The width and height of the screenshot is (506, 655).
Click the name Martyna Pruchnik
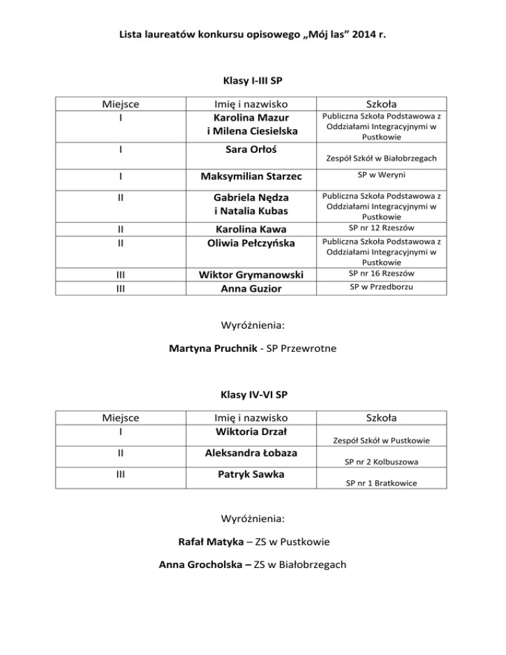coord(211,349)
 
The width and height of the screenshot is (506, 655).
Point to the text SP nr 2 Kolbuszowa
coord(382,462)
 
